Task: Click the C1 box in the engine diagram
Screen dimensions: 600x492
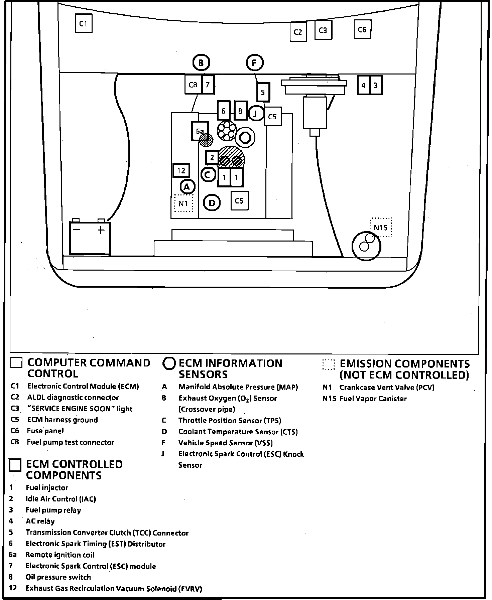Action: tap(84, 23)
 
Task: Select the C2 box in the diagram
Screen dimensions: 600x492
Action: tap(298, 32)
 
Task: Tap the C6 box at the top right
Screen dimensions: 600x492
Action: tap(362, 30)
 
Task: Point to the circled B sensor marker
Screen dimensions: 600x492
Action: tap(201, 62)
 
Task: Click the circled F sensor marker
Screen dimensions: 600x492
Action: tap(255, 63)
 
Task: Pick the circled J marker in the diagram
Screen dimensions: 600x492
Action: tap(256, 114)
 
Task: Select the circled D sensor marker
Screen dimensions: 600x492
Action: tap(212, 203)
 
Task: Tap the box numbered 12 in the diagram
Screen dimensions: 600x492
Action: tap(181, 171)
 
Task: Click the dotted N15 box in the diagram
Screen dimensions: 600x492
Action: tap(380, 228)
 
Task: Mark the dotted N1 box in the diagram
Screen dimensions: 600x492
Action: tap(183, 203)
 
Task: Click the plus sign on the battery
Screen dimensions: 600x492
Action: tap(101, 230)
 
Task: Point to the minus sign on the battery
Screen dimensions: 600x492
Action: tap(77, 230)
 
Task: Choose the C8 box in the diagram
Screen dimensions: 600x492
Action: tap(193, 85)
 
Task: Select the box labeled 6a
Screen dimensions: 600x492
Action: tap(200, 131)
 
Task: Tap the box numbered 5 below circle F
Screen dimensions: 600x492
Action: tap(263, 92)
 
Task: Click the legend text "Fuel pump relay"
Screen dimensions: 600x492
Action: tap(53, 510)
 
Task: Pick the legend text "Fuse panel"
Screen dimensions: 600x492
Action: tap(45, 431)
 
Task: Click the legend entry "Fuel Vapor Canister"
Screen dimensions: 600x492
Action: tap(373, 399)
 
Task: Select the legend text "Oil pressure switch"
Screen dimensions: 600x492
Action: tap(58, 577)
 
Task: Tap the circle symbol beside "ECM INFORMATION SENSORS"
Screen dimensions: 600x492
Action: tap(169, 363)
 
